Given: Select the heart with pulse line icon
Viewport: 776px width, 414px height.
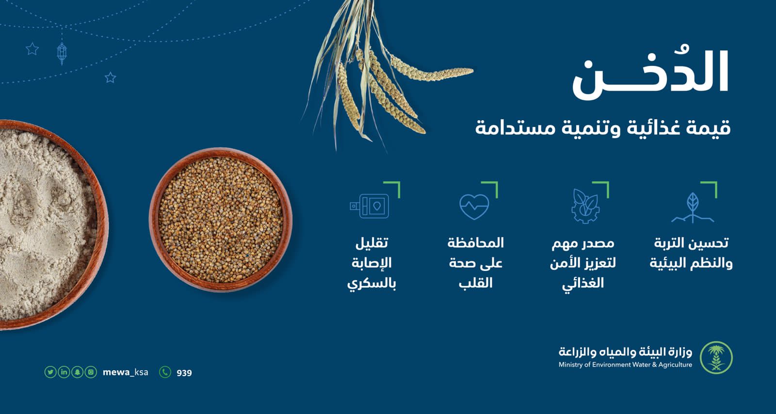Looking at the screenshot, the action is pos(474,207).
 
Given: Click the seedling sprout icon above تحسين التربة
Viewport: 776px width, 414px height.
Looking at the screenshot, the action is pos(693,207).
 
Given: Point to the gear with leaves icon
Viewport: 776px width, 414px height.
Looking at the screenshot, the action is pos(585,207).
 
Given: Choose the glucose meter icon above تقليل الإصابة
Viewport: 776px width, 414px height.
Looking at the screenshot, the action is pos(369,206).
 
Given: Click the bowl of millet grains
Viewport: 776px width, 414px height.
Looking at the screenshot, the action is pos(221,220).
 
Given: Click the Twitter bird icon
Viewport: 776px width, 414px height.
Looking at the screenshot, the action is pos(50,372).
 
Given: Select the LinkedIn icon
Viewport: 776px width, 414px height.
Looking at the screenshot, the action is pos(64,372).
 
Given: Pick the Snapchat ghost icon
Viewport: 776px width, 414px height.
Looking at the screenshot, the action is pos(77,372).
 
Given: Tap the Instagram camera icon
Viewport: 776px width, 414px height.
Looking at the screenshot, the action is pos(91,372).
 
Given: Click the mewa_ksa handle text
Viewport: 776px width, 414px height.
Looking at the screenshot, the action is pos(126,372).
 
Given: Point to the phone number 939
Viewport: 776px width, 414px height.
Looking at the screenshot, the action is pos(184,373).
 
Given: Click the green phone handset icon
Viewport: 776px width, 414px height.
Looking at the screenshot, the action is pos(165,372).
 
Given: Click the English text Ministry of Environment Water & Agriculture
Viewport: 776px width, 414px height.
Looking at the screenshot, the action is pos(625,365).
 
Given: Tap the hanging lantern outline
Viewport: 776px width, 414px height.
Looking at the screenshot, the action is pos(62,53).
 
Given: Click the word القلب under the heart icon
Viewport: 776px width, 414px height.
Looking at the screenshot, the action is pos(476,283).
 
